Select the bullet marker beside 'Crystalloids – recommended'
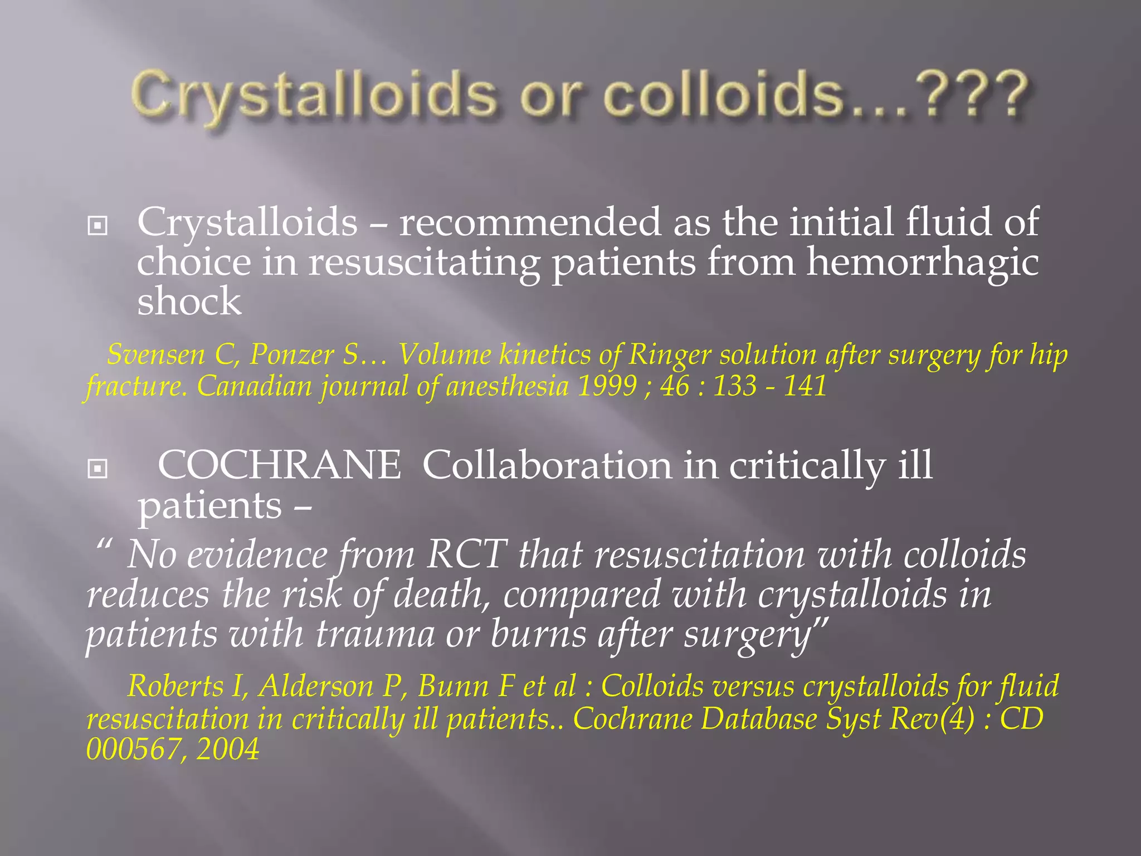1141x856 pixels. (x=97, y=226)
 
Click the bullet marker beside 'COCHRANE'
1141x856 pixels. (x=97, y=469)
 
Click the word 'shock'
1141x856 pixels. (x=189, y=301)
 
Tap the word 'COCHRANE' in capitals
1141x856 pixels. (x=279, y=465)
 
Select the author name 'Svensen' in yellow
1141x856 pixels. (x=156, y=354)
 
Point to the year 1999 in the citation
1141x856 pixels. (x=607, y=386)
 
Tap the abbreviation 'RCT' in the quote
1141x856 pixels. (x=467, y=555)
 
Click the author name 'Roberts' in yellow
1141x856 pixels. (x=175, y=686)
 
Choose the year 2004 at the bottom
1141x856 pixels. (x=228, y=750)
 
